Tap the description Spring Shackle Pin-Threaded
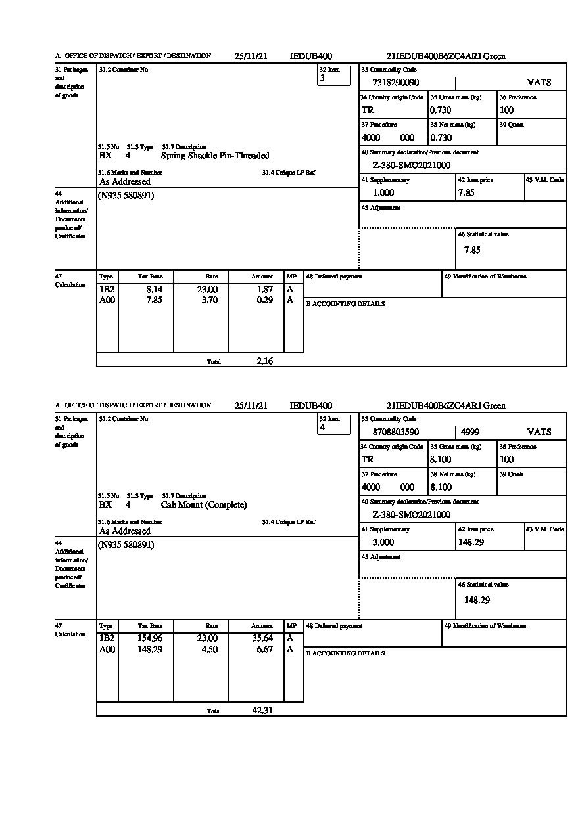pos(215,156)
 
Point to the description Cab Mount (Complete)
pos(204,505)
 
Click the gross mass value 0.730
pos(441,110)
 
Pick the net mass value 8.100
pos(441,487)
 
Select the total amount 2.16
pos(265,361)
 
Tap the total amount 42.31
pos(262,710)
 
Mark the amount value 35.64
pos(262,638)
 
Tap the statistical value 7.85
pos(472,250)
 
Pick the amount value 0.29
pos(264,300)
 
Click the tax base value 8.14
pos(154,289)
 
